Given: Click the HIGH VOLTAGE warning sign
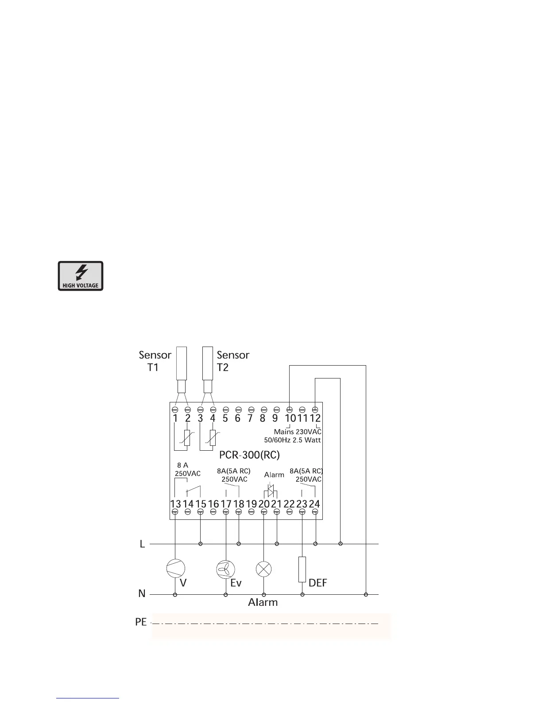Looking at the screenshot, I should coord(81,276).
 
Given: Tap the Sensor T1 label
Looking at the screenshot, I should coord(155,361).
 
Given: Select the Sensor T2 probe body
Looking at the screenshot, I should coord(207,363).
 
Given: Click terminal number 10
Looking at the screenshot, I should coord(290,418).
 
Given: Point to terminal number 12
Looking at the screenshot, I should coord(315,418).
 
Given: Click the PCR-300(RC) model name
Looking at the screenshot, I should coord(249,455).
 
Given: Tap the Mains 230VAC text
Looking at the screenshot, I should coord(297,431).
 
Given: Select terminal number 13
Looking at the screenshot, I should coord(175,504).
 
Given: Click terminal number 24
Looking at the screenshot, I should coord(314,504).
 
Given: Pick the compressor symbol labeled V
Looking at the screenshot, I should coord(175,569).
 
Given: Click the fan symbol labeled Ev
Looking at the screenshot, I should coord(225,569).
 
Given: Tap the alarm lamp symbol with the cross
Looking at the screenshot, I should coord(264,569).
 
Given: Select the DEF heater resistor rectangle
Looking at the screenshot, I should coord(302,569).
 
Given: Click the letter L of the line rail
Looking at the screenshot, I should coord(142,544).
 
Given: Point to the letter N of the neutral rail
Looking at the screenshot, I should coord(142,593).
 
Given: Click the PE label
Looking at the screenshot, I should coord(141,622).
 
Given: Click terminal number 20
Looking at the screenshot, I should coord(264,504).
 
